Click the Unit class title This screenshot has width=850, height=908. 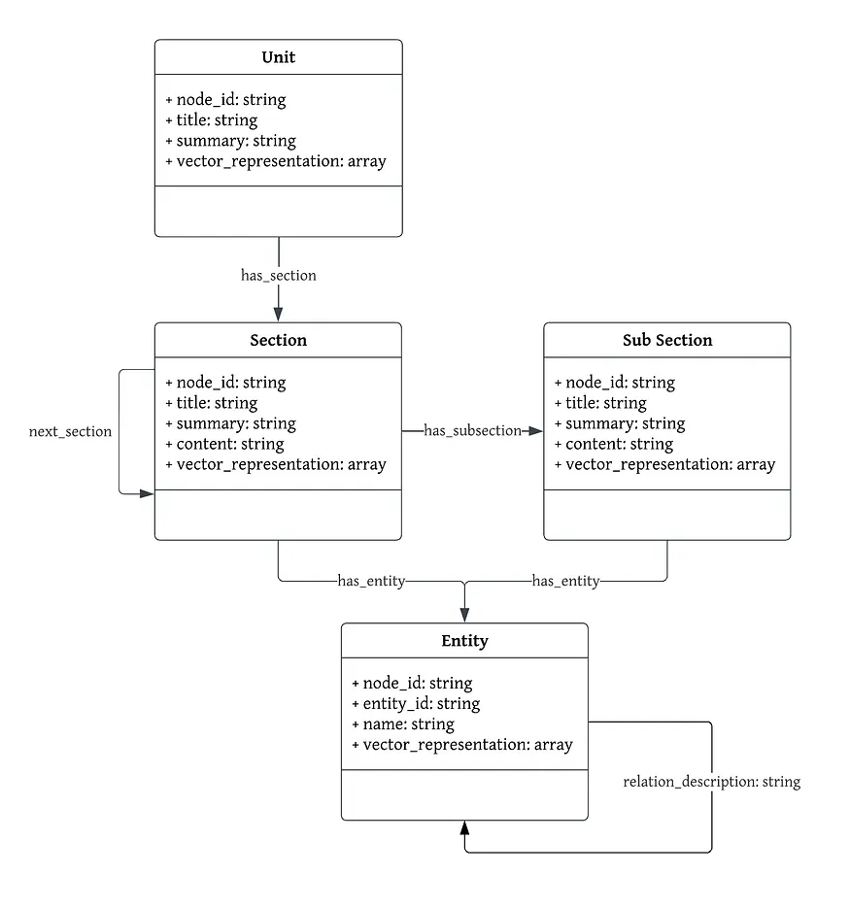(278, 57)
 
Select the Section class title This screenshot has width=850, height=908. (278, 340)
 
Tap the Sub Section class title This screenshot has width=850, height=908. (666, 340)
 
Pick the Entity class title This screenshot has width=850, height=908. (464, 641)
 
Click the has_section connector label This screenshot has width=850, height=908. (278, 275)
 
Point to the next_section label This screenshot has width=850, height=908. (70, 431)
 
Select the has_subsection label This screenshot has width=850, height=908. (472, 430)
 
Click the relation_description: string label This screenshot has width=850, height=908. (711, 781)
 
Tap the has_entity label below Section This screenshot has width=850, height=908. (371, 581)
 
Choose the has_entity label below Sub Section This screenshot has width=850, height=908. (565, 581)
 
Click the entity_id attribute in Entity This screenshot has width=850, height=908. (416, 703)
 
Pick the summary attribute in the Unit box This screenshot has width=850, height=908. (230, 141)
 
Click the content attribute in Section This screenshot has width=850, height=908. (224, 444)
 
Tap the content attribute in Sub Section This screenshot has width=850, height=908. (613, 444)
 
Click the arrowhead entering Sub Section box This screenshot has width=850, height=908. (535, 430)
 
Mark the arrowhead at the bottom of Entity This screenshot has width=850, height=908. (464, 828)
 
